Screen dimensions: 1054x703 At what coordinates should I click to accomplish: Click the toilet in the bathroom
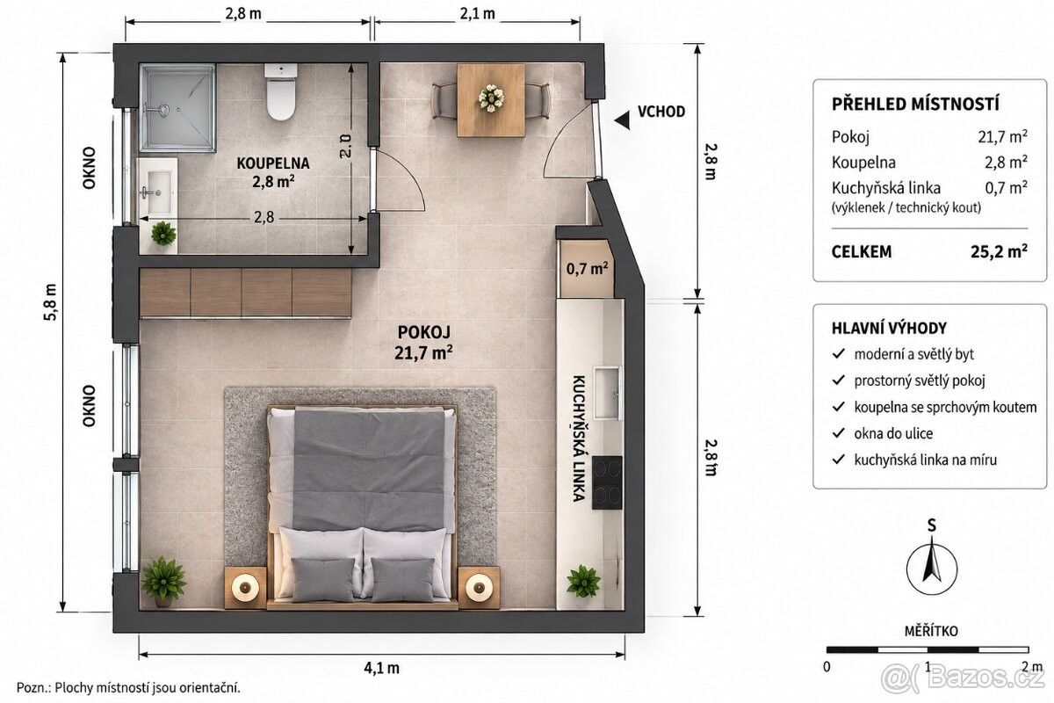(x=281, y=91)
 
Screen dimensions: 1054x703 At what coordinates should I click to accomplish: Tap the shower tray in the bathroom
(x=177, y=108)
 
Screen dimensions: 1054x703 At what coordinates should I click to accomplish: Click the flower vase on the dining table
(x=491, y=98)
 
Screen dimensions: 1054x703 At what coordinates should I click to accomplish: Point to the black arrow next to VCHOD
(x=622, y=120)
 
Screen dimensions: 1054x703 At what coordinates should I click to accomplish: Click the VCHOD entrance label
(x=661, y=112)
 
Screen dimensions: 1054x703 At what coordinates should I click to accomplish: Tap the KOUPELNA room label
(x=273, y=163)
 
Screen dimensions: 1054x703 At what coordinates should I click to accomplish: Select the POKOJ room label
(x=424, y=332)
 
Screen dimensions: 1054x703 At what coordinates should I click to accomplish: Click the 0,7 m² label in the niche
(x=587, y=268)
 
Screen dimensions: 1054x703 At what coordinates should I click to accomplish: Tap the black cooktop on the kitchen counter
(x=607, y=482)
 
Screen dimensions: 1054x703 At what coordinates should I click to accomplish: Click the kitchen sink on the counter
(x=608, y=394)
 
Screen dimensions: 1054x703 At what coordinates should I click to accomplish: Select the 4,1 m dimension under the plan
(x=381, y=668)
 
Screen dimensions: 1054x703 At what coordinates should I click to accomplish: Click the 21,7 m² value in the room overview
(x=1002, y=136)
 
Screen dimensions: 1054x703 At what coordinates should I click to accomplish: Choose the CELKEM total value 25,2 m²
(x=999, y=251)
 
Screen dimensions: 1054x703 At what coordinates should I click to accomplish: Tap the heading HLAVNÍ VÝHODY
(x=889, y=328)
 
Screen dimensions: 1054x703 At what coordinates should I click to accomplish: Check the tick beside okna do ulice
(x=839, y=432)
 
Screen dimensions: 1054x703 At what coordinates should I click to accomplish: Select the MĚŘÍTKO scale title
(x=931, y=631)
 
